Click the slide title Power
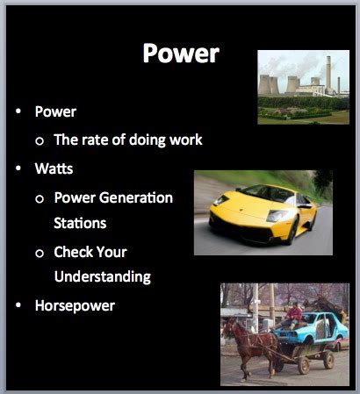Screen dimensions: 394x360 (180, 54)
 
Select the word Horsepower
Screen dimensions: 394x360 (76, 306)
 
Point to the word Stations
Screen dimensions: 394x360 (80, 222)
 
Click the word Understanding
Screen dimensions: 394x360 (103, 276)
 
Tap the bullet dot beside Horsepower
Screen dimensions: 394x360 (18, 307)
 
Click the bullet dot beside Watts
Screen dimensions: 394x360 (18, 168)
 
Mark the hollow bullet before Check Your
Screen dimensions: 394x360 (40, 253)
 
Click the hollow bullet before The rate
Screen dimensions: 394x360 (40, 140)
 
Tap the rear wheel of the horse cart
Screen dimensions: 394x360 (326, 359)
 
